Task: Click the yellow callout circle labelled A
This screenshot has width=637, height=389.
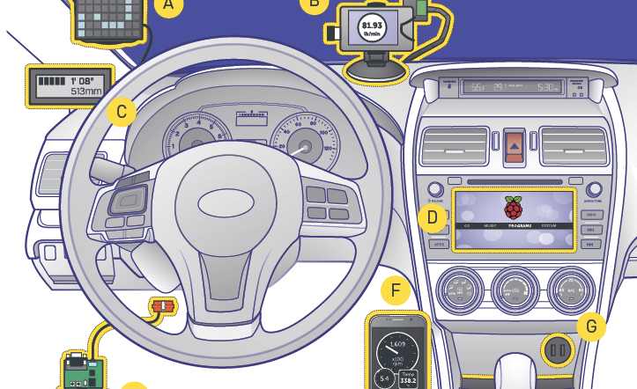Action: point(168,8)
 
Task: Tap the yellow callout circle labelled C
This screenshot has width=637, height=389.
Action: point(121,112)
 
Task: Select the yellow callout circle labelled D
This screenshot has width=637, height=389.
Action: point(432,217)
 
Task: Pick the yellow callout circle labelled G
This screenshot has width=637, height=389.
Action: point(591,327)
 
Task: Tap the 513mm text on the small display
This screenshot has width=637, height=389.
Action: point(86,91)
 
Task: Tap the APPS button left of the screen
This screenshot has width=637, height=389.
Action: point(438,244)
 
